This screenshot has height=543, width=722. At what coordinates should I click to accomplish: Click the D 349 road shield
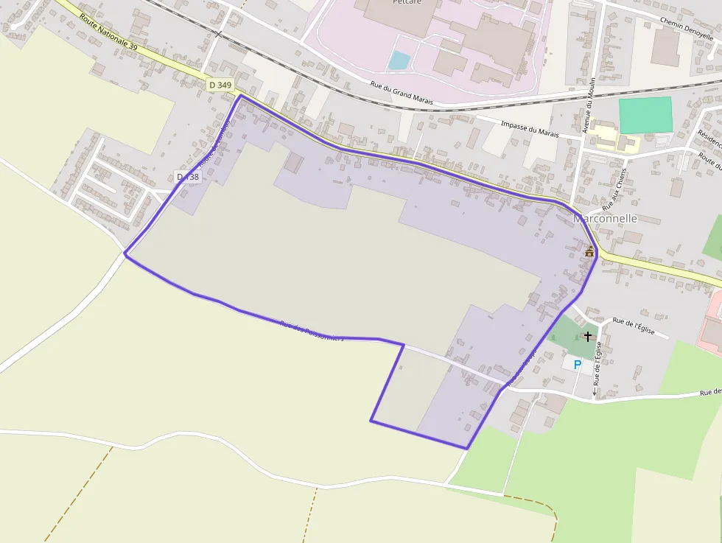click(220, 85)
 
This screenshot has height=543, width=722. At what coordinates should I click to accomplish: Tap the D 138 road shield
click(188, 177)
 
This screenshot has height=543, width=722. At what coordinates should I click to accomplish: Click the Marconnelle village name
click(605, 219)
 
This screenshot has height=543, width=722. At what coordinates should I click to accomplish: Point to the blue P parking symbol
click(577, 365)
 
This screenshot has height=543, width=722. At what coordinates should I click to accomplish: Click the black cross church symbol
click(588, 337)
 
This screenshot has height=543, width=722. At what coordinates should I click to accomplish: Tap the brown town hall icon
click(589, 252)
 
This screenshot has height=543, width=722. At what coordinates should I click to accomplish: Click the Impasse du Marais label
click(530, 130)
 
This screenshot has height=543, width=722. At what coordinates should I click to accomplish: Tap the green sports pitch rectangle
click(645, 115)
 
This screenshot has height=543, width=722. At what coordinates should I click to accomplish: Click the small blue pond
click(399, 60)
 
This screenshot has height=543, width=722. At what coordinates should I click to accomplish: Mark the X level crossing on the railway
click(218, 34)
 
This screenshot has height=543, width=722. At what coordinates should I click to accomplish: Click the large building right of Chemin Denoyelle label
click(665, 48)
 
